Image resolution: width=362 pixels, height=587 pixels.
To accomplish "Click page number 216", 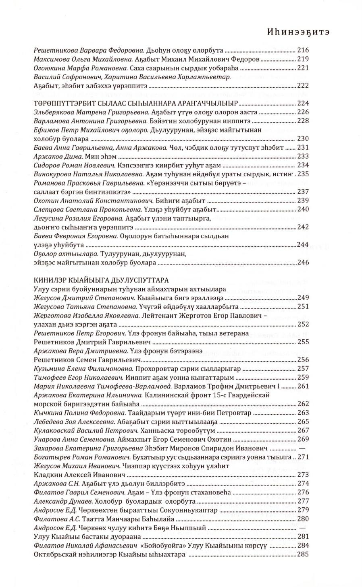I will pos(302,50).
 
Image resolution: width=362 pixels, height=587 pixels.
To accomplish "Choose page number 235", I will pos(303,174).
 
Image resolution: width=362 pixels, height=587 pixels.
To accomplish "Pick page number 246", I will pos(302,262).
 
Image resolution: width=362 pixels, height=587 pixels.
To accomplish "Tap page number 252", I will pos(302,324).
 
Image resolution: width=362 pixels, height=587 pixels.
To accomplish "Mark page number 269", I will pos(302,439).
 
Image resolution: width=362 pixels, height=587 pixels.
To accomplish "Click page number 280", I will pos(302,519).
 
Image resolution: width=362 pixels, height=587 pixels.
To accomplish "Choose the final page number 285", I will pos(302,554).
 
